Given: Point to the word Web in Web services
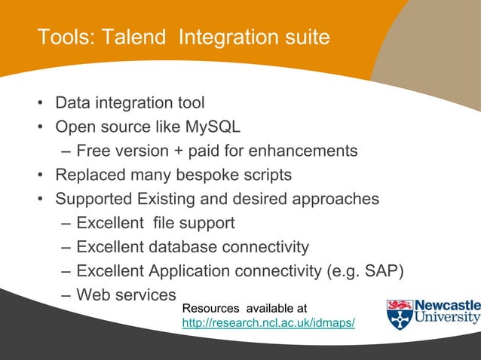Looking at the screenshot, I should point(93,294).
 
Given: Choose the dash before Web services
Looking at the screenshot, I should point(66,295).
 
